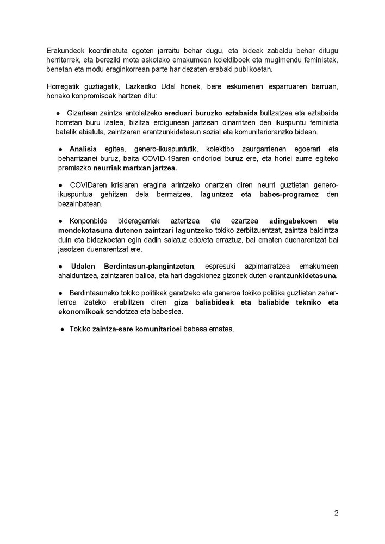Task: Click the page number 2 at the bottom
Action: pos(336,512)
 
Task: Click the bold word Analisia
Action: pos(83,149)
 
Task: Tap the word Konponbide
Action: pos(88,222)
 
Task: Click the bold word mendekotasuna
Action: pos(82,231)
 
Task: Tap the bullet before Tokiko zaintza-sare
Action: pos(63,329)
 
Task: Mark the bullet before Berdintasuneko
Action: pos(63,292)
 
